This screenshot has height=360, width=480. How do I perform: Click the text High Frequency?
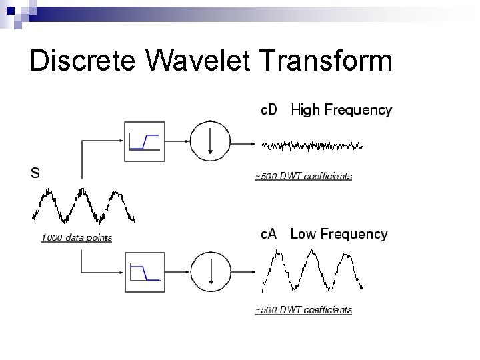coord(341,110)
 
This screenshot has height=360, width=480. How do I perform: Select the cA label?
coord(269,234)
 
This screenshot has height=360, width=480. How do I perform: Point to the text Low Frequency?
coord(339,234)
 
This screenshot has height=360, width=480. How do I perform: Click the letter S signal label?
coord(35,173)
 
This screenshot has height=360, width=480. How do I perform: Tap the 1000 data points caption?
coord(76,238)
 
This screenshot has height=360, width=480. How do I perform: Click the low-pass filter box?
coord(144,273)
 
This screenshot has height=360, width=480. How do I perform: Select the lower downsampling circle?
coord(210,273)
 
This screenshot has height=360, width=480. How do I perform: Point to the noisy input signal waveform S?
coord(83,206)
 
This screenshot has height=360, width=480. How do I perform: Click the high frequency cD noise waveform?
coord(313,145)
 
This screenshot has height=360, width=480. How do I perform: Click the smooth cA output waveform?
coord(313,270)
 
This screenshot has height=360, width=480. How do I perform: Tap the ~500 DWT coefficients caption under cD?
coord(303,177)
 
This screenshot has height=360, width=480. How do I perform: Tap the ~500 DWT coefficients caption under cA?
coord(303,310)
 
